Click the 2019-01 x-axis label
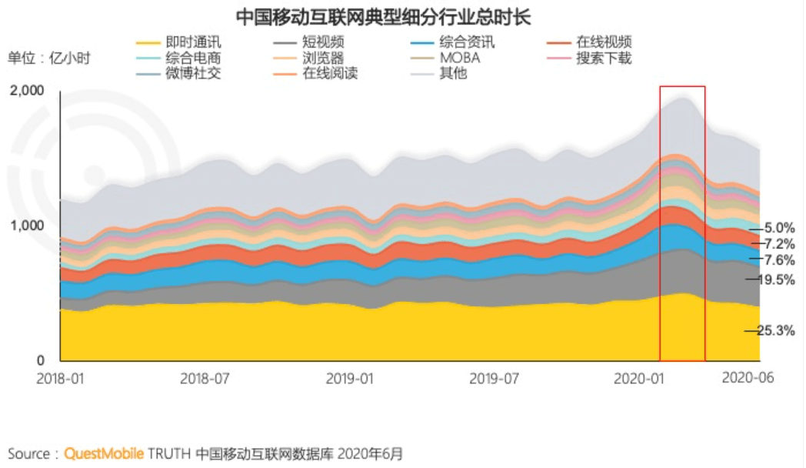coord(350,379)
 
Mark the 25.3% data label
coord(775,331)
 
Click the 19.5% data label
coord(775,279)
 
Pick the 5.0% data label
coord(778,228)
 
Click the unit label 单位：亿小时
coord(49,58)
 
